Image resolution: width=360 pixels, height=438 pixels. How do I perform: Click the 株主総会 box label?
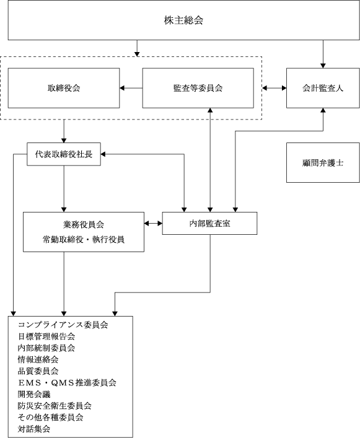[x=183, y=20]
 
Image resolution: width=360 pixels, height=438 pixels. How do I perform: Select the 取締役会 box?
[x=64, y=88]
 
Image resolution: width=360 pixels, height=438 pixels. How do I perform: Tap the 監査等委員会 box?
[x=198, y=88]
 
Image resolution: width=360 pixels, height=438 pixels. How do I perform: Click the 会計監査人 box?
[x=323, y=88]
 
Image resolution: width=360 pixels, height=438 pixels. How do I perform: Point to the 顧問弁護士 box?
[x=323, y=162]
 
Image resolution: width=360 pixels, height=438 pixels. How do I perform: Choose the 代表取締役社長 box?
[x=64, y=154]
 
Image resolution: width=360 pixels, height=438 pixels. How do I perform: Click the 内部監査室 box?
[x=210, y=223]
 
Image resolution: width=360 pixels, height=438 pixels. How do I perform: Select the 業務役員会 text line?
[x=84, y=224]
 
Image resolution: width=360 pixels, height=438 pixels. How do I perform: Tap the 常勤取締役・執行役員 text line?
[x=84, y=239]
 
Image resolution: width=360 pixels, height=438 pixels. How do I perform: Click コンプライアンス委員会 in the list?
[x=63, y=325]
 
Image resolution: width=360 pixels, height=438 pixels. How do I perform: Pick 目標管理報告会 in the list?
[x=46, y=336]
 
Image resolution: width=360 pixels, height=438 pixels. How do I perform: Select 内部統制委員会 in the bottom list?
[x=46, y=348]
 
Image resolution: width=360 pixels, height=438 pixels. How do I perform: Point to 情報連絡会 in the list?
[x=38, y=359]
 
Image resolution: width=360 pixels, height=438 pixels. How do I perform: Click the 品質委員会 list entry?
[x=38, y=371]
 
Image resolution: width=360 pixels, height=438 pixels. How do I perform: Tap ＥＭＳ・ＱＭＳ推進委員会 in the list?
[x=67, y=383]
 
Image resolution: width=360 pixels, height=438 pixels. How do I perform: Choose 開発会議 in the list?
[x=34, y=394]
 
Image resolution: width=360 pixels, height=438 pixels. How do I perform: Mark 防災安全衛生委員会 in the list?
[x=55, y=406]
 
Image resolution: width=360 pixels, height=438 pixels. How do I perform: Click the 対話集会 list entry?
[x=34, y=429]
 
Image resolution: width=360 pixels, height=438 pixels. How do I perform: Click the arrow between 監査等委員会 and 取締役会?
[x=131, y=88]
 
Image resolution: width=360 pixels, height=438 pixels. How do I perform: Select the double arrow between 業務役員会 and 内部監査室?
[x=153, y=223]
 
